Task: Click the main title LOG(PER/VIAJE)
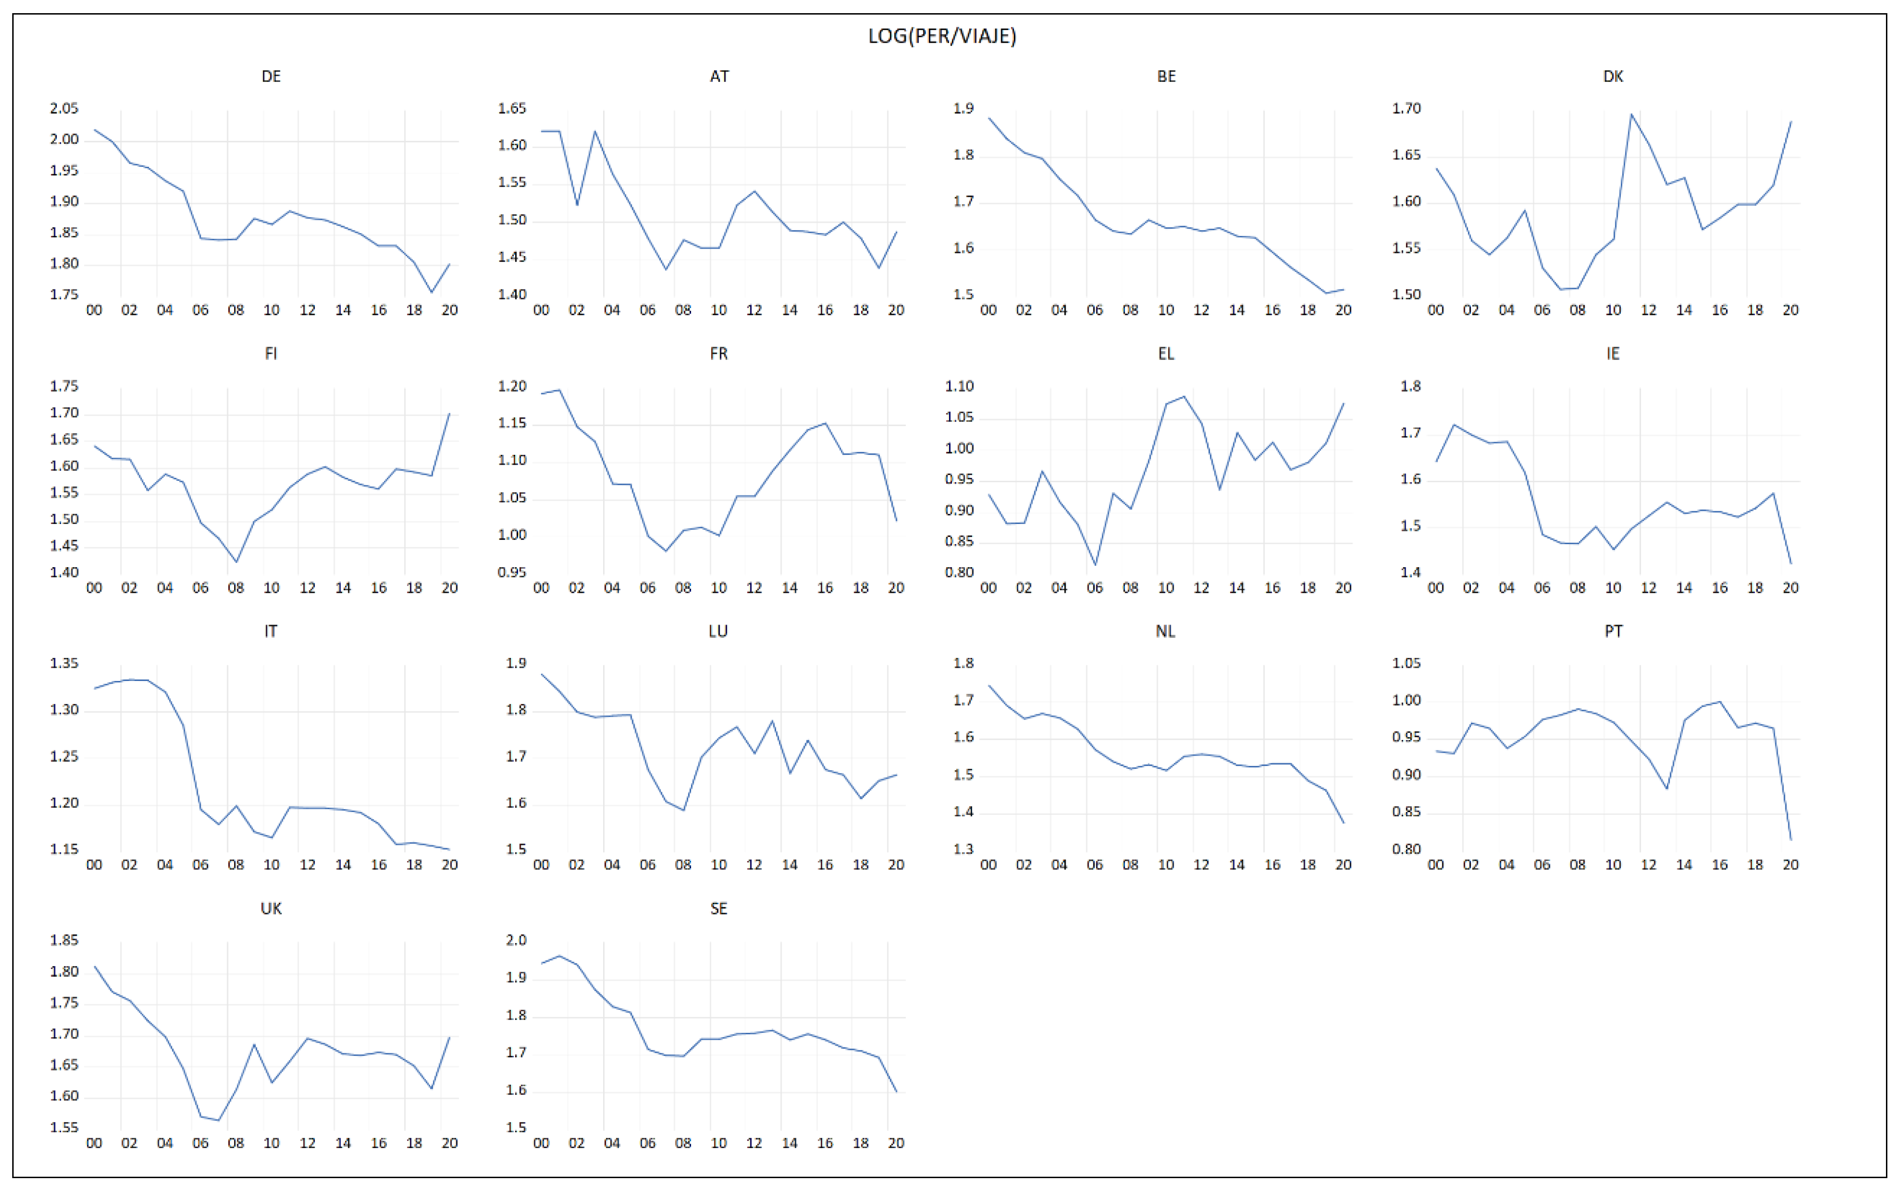942,36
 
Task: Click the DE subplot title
271,76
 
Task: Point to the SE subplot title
718,908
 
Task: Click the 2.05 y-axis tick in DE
64,109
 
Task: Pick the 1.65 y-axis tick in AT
511,109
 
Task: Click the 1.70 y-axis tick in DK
1406,109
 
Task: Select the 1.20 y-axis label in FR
511,386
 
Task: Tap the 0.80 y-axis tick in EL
959,572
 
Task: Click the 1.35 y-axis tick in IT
64,663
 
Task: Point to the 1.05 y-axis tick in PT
1406,663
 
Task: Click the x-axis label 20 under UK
449,1143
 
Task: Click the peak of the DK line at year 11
1632,115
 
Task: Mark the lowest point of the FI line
236,562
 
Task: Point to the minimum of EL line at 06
1095,564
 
